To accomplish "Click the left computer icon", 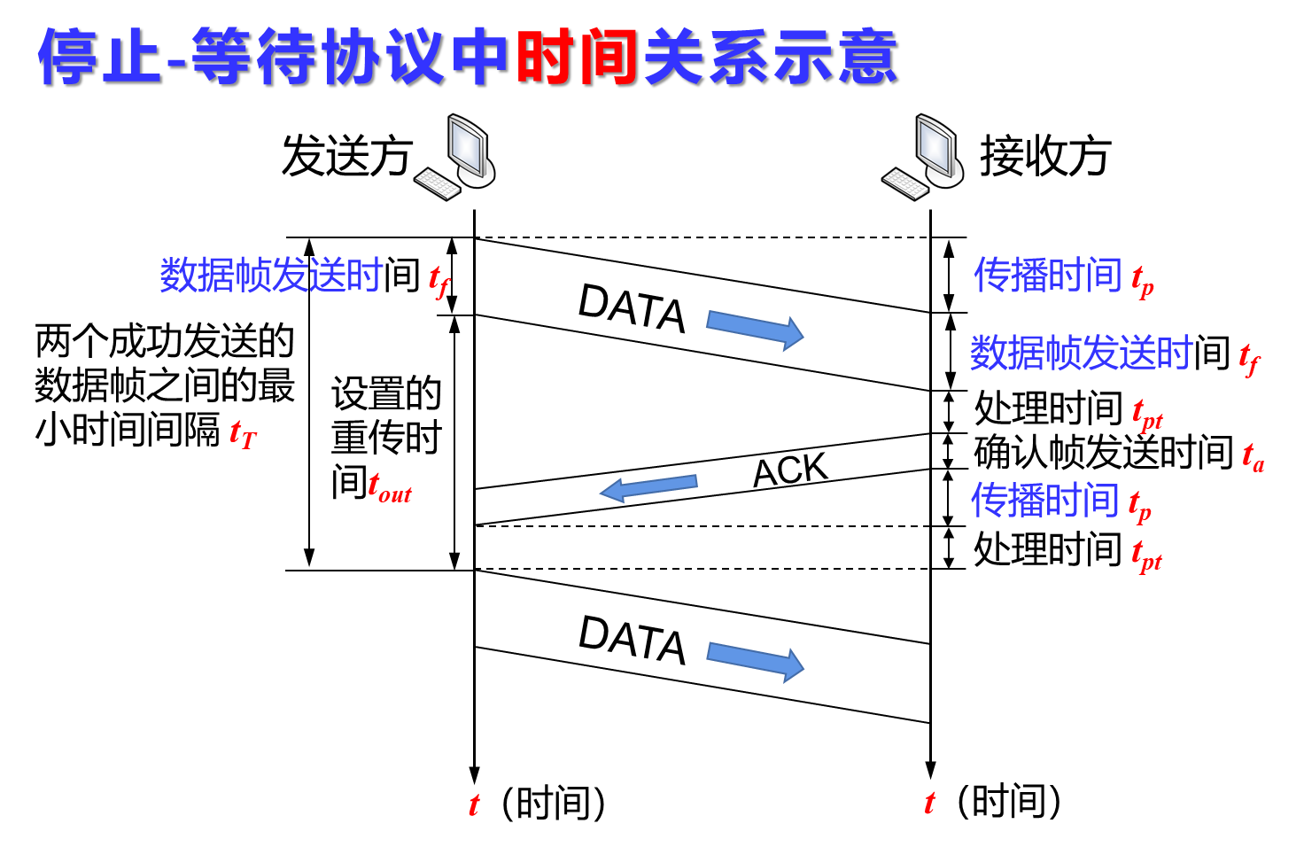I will tap(454, 156).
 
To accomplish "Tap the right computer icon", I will tap(923, 156).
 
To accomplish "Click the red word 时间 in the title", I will tap(577, 57).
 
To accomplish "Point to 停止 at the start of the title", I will tap(99, 57).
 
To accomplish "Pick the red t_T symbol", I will tap(243, 434).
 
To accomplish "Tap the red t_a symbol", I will tap(1253, 457).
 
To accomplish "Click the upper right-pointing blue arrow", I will tap(755, 330).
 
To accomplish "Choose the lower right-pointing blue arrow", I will tap(755, 661).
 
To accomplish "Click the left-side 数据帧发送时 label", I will tap(271, 276).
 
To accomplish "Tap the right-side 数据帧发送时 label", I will tap(1081, 353).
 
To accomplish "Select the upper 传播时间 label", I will tap(1047, 276).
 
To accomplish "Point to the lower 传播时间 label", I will tap(1045, 501).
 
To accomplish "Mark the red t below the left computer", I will tap(474, 804).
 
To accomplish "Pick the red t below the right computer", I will tap(929, 803).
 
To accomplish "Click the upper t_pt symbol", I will tap(1147, 415).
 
